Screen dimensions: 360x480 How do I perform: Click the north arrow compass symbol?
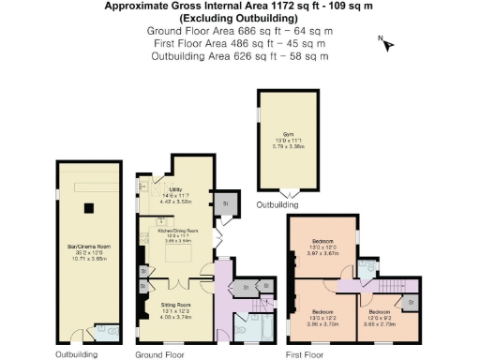[387, 43]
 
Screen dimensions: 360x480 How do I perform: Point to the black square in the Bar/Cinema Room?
[90, 208]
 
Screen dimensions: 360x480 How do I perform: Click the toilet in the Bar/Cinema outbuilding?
[112, 330]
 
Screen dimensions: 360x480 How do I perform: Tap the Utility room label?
[178, 191]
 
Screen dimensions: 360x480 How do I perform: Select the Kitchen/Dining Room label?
[178, 231]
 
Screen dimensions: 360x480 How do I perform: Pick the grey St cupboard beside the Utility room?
[225, 203]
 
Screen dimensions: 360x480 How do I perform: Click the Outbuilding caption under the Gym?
[277, 203]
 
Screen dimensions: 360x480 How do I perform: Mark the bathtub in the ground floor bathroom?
[262, 329]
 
